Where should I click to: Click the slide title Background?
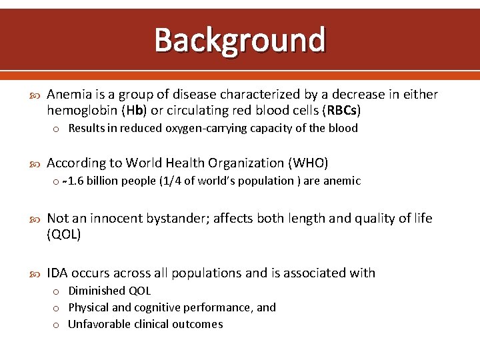click(x=240, y=40)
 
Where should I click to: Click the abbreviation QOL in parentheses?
click(x=64, y=234)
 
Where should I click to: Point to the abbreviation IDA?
click(x=57, y=273)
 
